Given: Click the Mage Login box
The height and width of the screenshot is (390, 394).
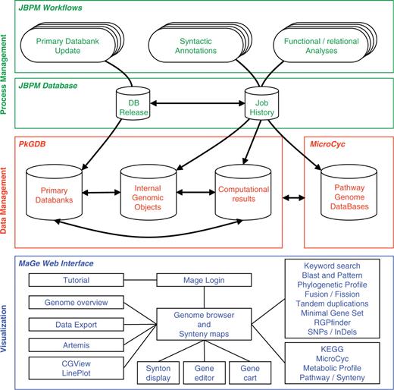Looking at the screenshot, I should pyautogui.click(x=192, y=280).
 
